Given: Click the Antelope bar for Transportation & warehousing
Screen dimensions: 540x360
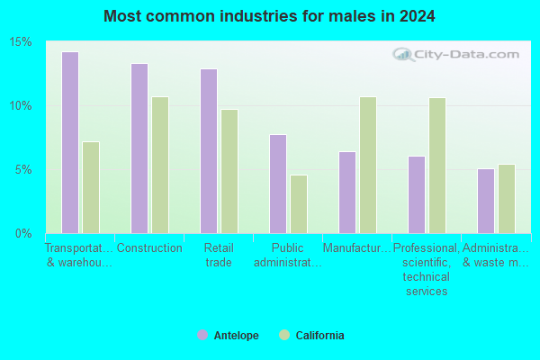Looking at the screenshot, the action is coord(70,142).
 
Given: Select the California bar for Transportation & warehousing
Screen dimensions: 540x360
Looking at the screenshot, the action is coord(91,188).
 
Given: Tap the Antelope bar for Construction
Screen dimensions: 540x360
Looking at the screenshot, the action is coord(139,148).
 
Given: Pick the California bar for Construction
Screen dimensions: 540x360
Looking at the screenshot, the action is coord(160,165).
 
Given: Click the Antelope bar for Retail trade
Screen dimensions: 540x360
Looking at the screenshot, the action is coord(209,151).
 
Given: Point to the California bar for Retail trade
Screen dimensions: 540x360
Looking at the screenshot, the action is coord(229,172).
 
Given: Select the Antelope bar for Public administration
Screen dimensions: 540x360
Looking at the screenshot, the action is coord(278,184).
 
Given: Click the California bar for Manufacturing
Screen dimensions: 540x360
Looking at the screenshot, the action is coord(368,165).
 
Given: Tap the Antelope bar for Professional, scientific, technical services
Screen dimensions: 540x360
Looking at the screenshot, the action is coord(417,195).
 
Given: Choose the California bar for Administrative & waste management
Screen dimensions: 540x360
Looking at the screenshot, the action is coord(507,199).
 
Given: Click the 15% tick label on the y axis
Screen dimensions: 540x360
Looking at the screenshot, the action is coord(21,42).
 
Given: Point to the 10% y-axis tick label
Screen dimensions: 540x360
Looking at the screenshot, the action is coord(21,106).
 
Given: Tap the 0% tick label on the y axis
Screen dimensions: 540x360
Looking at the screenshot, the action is coord(23,234).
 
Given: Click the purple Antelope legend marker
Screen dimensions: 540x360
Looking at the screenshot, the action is coord(202,335).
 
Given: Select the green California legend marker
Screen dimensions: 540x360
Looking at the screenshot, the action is coord(284,335).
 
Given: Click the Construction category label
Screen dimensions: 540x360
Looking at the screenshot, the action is coord(149,248).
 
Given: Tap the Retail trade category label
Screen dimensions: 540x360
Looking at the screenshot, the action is coord(219,256).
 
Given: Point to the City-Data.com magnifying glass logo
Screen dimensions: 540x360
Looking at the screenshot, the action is coord(403,55).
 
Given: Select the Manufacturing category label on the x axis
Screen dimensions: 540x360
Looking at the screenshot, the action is coord(356,248).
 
